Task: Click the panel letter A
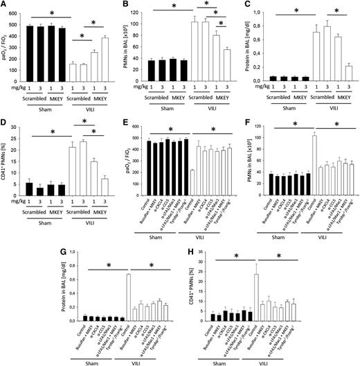pos(4,6)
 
